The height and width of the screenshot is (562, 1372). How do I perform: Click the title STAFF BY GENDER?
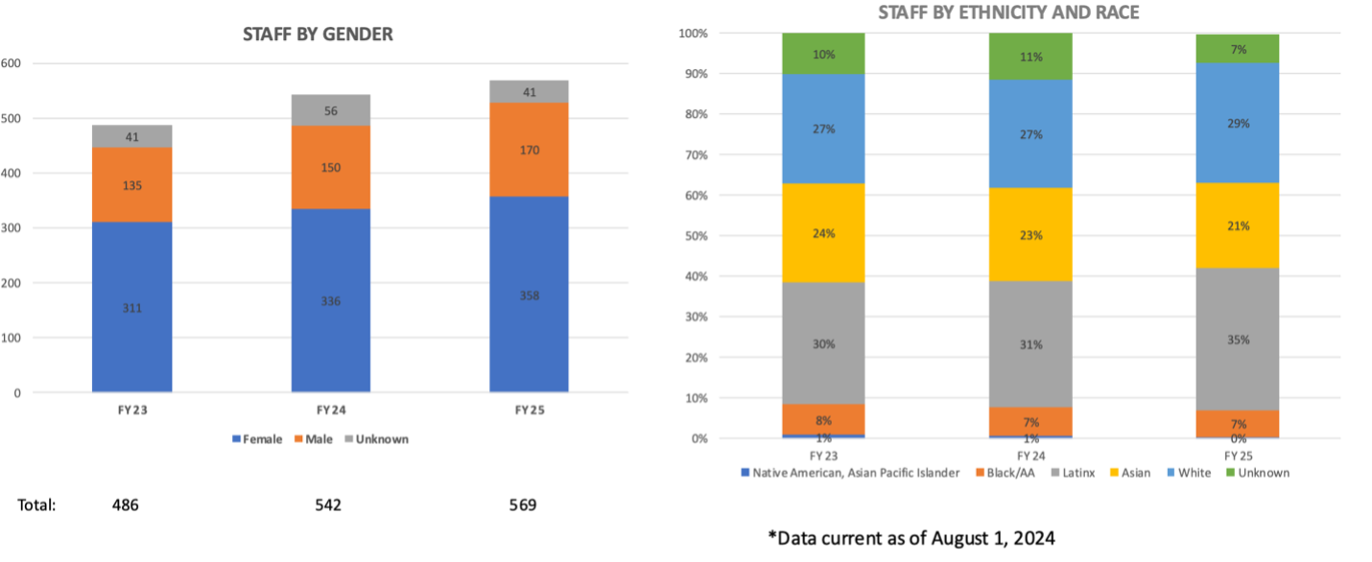[317, 35]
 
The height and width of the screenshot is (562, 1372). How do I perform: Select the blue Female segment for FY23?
[132, 307]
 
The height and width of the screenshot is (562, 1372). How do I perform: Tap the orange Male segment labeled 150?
[330, 168]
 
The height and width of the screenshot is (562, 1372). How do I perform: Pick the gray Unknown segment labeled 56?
[330, 109]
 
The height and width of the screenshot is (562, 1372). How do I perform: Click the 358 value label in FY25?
[529, 295]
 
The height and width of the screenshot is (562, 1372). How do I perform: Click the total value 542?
[328, 504]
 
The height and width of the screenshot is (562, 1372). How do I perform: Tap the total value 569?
[522, 504]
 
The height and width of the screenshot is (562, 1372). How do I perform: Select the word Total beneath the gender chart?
[36, 504]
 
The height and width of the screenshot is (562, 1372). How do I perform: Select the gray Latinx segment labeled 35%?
[1239, 340]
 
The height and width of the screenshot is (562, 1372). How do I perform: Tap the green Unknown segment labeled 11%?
[1030, 57]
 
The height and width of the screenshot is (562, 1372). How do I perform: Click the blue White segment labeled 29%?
[1239, 124]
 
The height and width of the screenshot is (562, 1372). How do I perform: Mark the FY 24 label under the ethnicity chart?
[1030, 455]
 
